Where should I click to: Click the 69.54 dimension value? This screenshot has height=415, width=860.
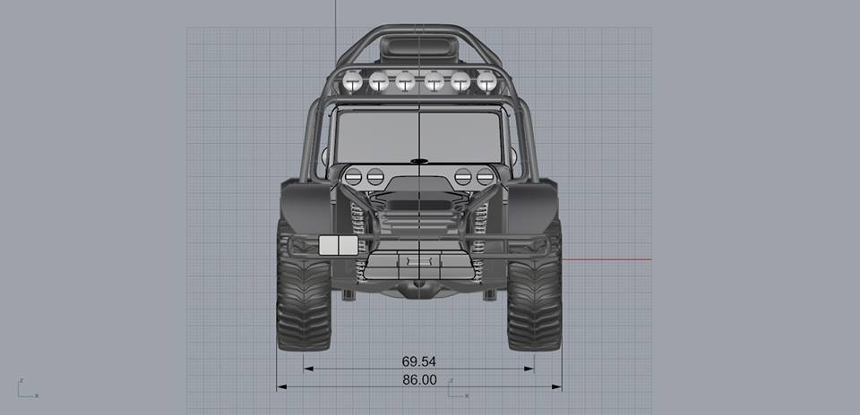[419, 361]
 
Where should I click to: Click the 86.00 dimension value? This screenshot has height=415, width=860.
[419, 380]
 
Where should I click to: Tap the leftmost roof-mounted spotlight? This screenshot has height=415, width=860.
[353, 82]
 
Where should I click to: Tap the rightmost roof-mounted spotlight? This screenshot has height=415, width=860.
[486, 81]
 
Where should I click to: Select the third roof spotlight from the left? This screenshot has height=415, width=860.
[405, 81]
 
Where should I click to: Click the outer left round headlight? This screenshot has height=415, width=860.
[353, 176]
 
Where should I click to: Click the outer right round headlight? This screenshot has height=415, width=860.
[485, 176]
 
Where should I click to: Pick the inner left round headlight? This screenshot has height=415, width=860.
[375, 176]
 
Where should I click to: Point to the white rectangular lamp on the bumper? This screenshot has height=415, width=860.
[339, 245]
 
